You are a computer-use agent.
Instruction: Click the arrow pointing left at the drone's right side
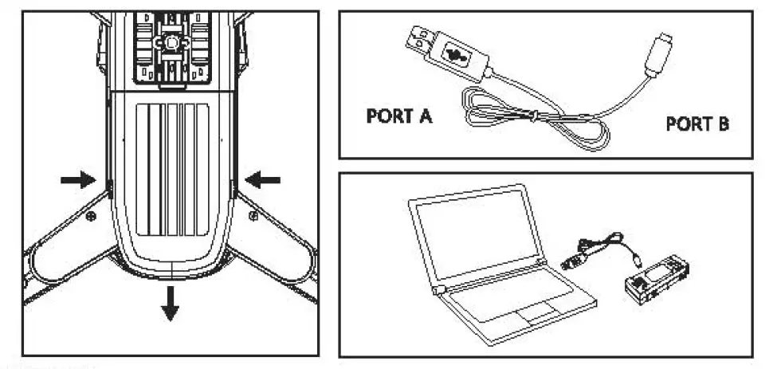264,180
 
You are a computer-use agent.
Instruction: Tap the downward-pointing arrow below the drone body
169,304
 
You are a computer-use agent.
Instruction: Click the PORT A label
398,117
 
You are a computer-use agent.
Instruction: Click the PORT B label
697,125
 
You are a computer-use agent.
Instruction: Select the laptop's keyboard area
510,296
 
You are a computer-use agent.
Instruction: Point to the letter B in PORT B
722,125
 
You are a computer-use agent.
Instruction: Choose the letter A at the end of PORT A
425,117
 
